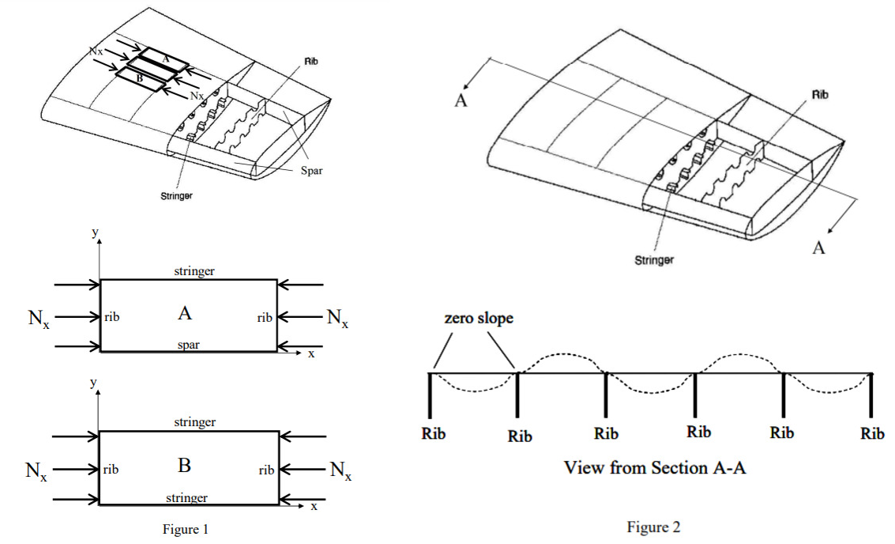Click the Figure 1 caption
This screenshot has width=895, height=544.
click(x=186, y=530)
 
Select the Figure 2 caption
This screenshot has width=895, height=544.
click(x=653, y=527)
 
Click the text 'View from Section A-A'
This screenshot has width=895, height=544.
click(x=655, y=467)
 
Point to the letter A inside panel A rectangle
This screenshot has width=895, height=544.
click(x=185, y=314)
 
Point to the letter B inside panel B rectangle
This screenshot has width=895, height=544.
click(x=184, y=466)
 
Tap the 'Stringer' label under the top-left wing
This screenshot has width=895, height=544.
click(x=176, y=195)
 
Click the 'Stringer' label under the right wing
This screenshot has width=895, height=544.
click(x=653, y=259)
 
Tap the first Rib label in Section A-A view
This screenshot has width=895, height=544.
click(x=434, y=434)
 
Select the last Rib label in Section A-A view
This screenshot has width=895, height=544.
click(x=872, y=434)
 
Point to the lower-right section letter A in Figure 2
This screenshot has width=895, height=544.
click(x=819, y=247)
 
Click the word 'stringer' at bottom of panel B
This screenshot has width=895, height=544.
click(x=187, y=497)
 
